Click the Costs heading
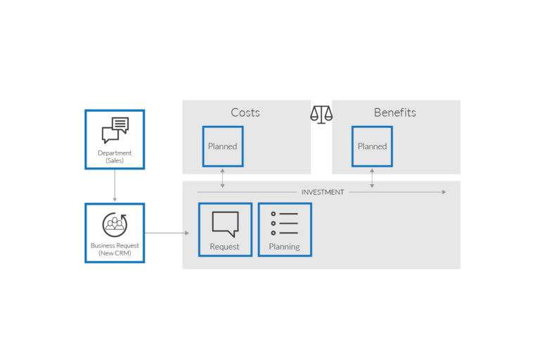(245, 112)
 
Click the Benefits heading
(394, 112)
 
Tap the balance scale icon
(322, 115)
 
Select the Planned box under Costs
(223, 146)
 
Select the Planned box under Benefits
(372, 146)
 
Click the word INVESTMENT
(323, 192)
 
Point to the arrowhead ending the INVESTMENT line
(443, 192)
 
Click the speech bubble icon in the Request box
(225, 224)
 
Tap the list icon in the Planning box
(285, 224)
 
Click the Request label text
(224, 247)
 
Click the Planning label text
(284, 247)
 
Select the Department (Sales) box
(115, 139)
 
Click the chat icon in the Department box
(115, 130)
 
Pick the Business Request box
(115, 233)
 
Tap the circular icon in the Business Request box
(115, 224)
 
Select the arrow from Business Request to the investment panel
(167, 233)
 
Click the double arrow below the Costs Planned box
(223, 178)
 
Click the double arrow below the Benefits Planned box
(372, 178)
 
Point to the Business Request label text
(115, 248)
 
